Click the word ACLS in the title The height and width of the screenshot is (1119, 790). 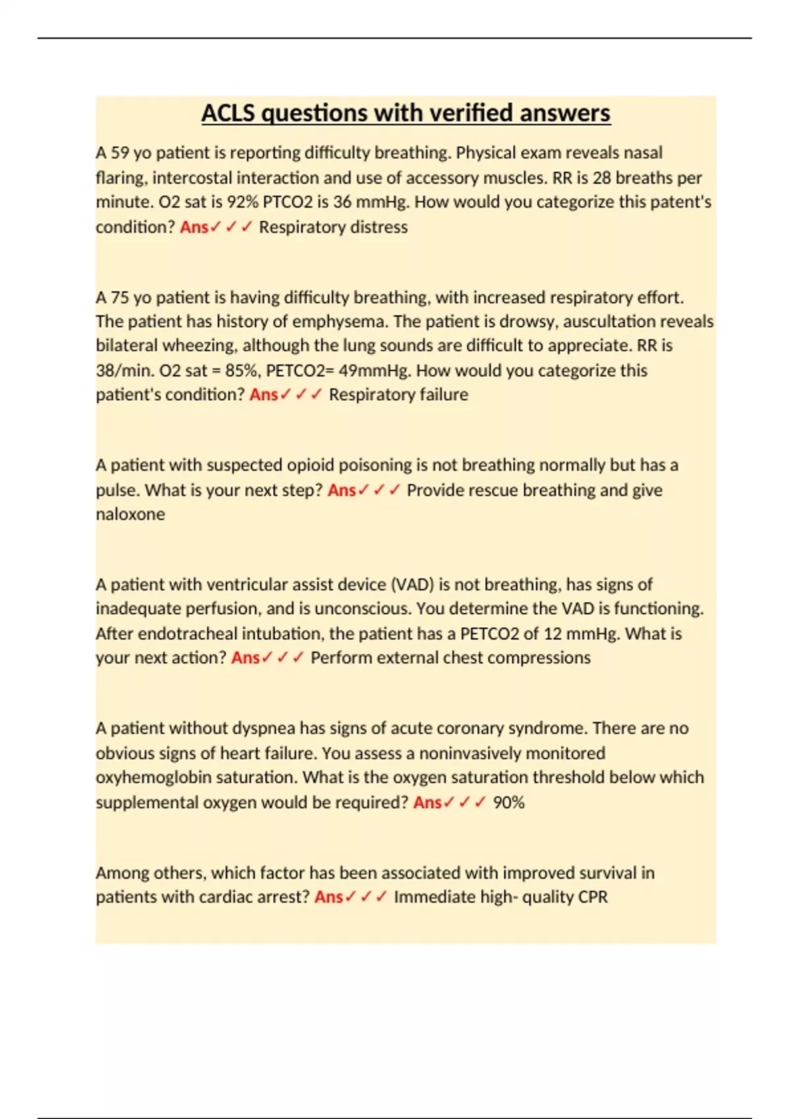[x=228, y=113]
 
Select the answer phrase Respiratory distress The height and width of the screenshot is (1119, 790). [x=333, y=227]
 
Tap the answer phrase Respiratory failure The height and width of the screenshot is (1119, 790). [x=398, y=394]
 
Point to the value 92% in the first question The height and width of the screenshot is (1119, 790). [x=242, y=202]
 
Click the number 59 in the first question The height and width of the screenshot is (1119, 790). [x=120, y=153]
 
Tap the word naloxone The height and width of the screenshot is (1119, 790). [x=130, y=514]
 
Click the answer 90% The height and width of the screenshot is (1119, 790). [x=508, y=802]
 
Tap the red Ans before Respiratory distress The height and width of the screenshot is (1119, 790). [x=194, y=227]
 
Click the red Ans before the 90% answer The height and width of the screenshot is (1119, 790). [x=427, y=802]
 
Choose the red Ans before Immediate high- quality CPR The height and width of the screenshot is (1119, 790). [x=329, y=897]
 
